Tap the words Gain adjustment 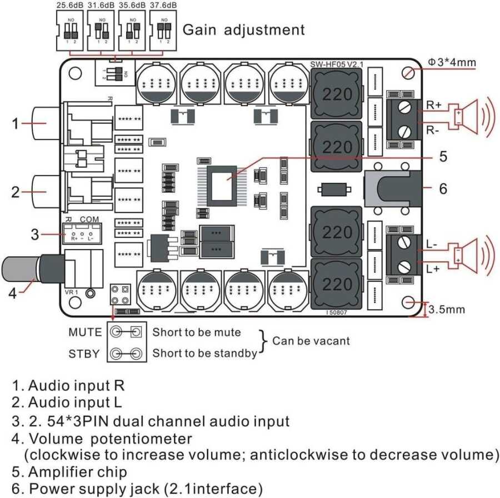tap(243, 29)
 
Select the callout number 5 tap(442, 157)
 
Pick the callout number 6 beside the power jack tap(442, 189)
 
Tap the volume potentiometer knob tap(22, 271)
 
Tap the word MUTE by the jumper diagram tap(85, 332)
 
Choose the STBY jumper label tap(85, 353)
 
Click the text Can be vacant tap(311, 340)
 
